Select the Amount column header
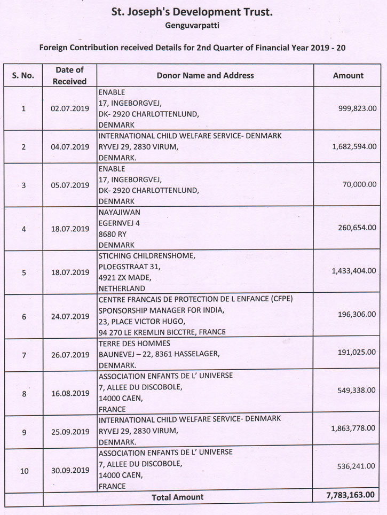[x=348, y=75]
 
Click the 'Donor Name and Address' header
[x=206, y=75]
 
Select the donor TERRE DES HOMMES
[x=134, y=344]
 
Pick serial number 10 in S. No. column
[x=23, y=471]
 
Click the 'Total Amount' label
[x=177, y=497]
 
